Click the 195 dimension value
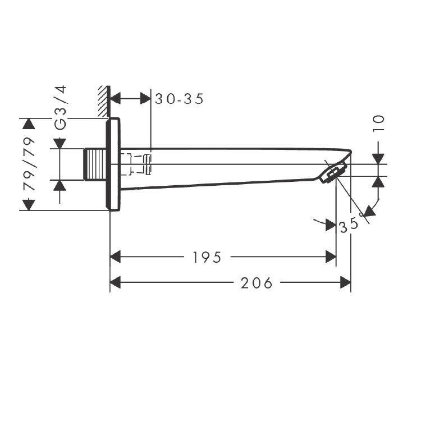coord(207,257)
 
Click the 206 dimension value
coord(257,283)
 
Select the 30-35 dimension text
coord(179,99)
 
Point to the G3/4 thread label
coord(60,108)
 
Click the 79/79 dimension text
coord(29,164)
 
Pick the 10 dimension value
coord(378,123)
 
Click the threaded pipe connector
coord(96,164)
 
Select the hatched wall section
coord(103,102)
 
